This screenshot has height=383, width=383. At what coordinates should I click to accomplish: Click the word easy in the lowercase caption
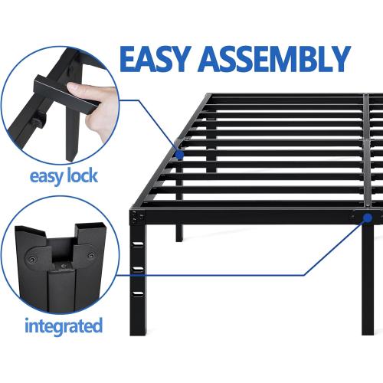(43, 175)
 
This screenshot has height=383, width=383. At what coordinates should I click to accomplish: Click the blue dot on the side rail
(178, 153)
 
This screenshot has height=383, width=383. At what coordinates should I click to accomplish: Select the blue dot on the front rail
(368, 218)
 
